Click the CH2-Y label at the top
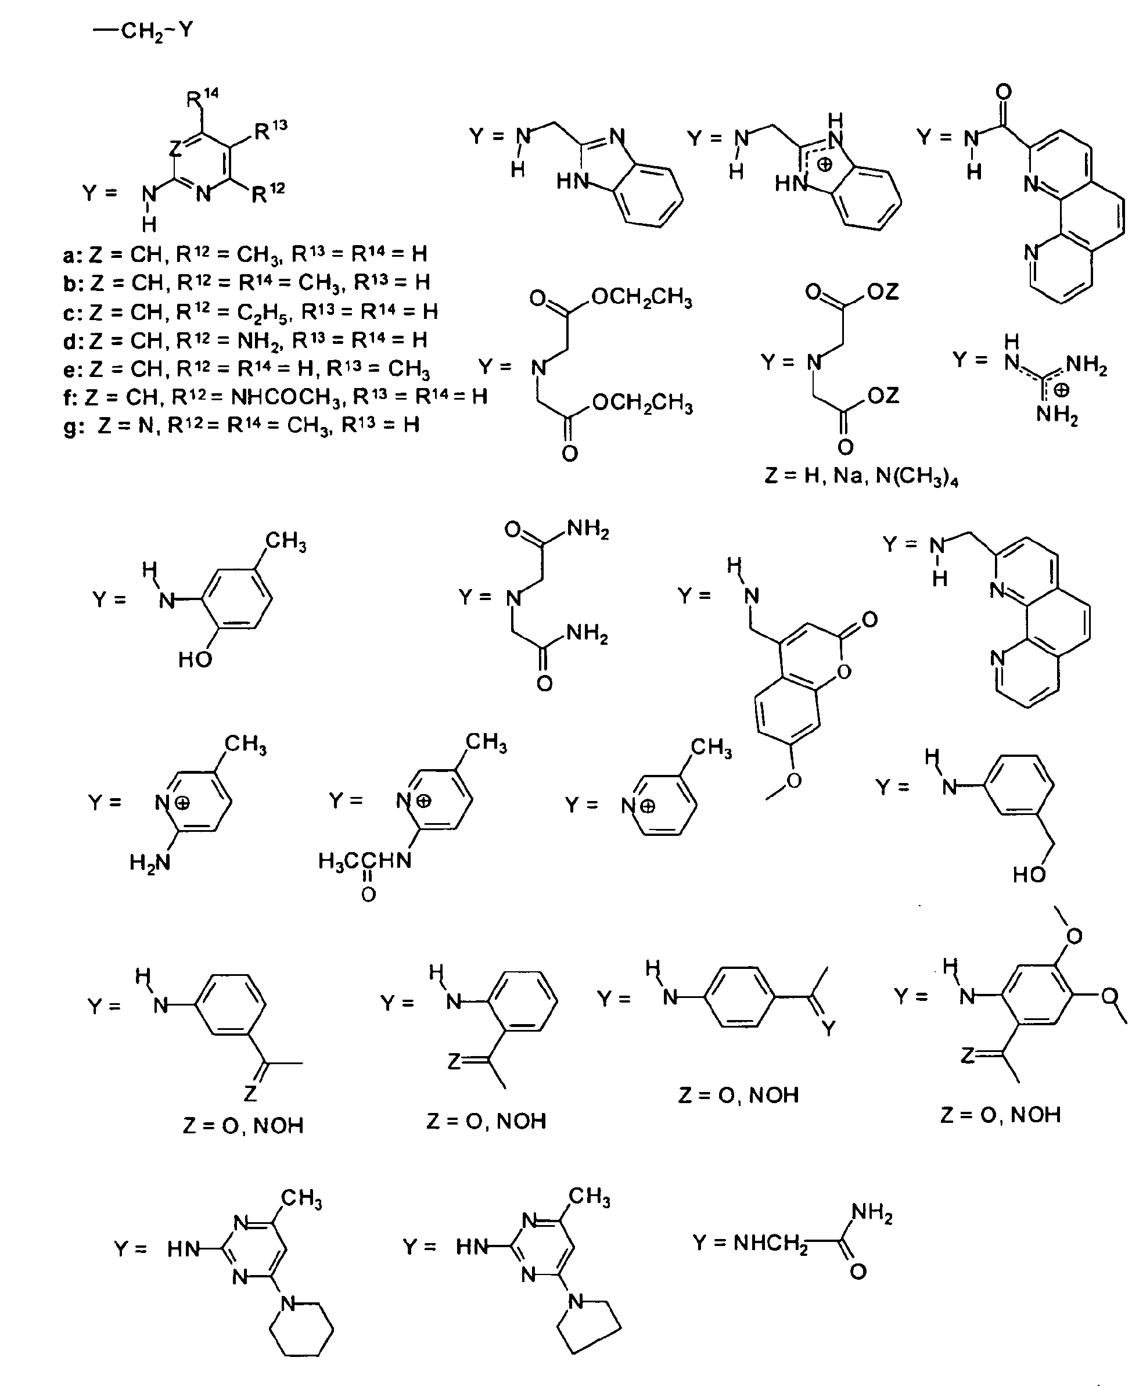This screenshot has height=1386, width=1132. (x=145, y=31)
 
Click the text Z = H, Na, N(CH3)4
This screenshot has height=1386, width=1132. (x=861, y=476)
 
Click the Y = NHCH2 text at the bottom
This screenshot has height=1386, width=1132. (x=750, y=1243)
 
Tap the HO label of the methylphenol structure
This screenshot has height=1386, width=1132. (x=195, y=660)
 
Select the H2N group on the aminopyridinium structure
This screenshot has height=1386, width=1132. (x=150, y=863)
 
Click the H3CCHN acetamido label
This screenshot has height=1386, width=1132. (x=365, y=861)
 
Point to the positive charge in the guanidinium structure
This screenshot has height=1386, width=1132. (x=1062, y=390)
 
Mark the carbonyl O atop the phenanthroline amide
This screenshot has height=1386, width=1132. (x=1004, y=92)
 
